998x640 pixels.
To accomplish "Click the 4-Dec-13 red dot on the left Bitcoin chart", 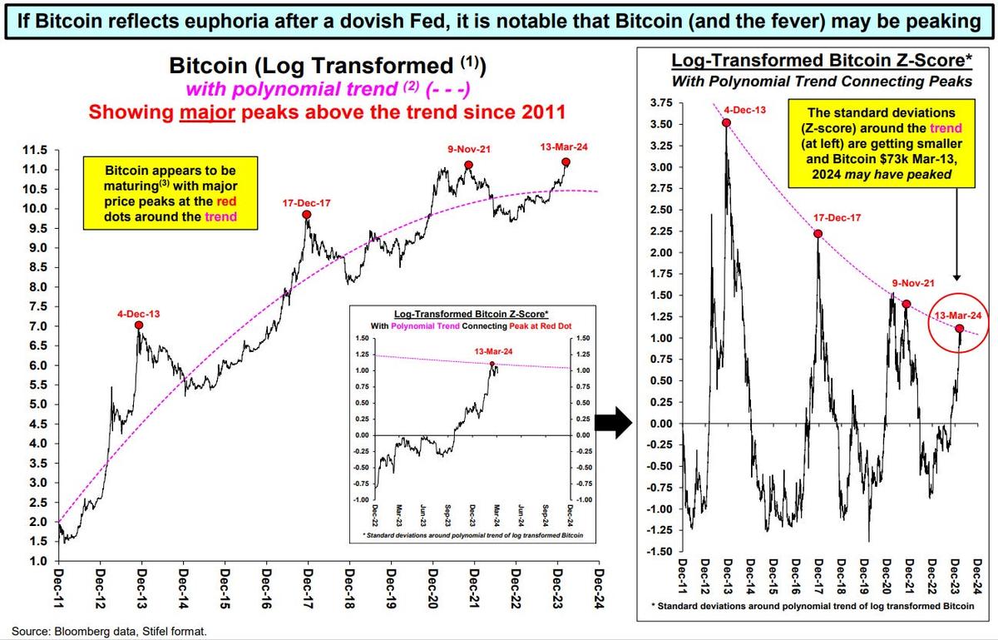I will [x=138, y=325].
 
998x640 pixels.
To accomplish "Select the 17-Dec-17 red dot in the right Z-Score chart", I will [x=818, y=234].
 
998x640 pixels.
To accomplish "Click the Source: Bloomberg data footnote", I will [x=108, y=631].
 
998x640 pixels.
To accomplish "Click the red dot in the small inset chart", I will [x=492, y=365].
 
